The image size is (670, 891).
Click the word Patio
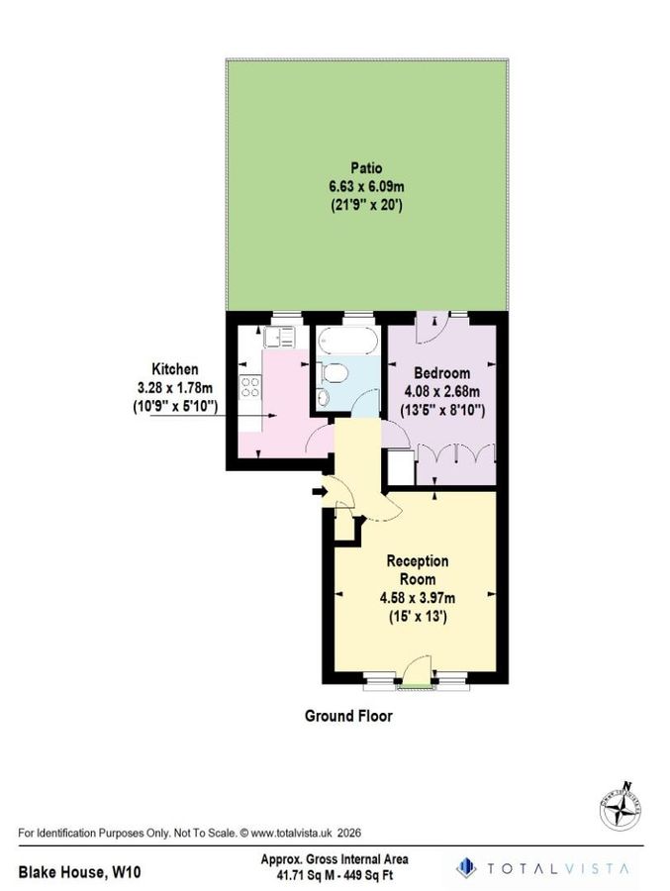(365, 167)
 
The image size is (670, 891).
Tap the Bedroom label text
(441, 373)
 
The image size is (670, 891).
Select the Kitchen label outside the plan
(175, 368)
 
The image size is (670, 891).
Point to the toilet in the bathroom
(336, 373)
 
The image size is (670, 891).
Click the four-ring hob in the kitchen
(250, 389)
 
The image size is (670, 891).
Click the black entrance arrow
(318, 490)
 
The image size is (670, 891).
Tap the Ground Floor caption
(347, 716)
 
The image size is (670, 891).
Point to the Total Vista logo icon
(465, 868)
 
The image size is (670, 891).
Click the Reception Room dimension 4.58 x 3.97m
(417, 597)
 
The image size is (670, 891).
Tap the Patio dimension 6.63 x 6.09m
(365, 187)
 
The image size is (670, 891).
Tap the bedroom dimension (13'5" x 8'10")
(441, 409)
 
